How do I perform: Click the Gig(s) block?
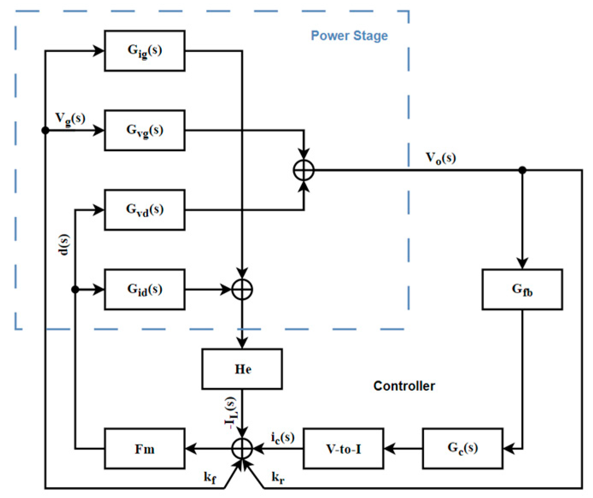tap(144, 51)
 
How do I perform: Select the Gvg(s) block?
tap(144, 130)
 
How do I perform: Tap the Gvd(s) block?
tap(144, 210)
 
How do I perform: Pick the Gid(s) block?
tap(144, 289)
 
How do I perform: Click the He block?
tap(242, 369)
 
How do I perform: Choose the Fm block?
tap(144, 449)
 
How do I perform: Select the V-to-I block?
tap(343, 449)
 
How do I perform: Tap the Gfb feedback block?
tap(522, 289)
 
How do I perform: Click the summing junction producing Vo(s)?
tap(304, 170)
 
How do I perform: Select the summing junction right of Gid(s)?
tap(242, 289)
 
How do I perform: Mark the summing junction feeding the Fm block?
tap(242, 449)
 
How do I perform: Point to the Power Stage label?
tap(349, 35)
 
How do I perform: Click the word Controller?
tap(404, 386)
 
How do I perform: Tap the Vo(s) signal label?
tap(441, 158)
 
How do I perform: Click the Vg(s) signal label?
tap(70, 118)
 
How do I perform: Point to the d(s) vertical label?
tap(63, 245)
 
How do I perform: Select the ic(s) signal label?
tap(283, 437)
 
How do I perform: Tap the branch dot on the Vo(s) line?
tap(522, 170)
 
